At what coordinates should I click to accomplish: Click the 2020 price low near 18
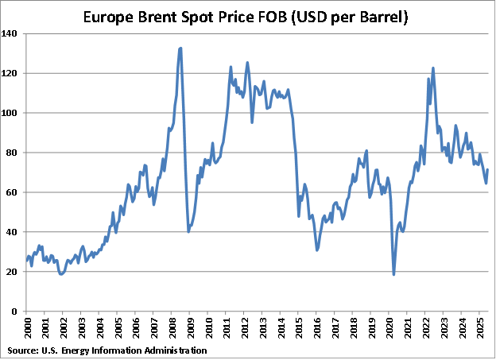point(393,274)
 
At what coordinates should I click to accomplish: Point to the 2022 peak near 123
point(433,68)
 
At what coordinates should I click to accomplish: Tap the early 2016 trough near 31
point(317,250)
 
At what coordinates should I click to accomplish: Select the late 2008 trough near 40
point(188,231)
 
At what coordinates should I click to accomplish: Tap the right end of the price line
point(488,170)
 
